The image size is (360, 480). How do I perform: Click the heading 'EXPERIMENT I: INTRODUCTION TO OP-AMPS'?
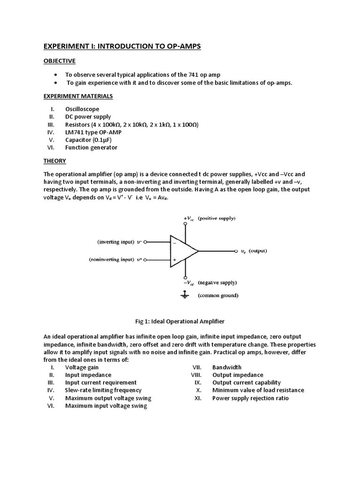(122, 46)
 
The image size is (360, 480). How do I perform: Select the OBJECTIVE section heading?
(60, 61)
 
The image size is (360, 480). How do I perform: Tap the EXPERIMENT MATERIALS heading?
(78, 96)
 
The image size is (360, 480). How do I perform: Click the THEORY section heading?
(55, 161)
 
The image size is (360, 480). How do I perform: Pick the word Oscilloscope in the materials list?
(82, 109)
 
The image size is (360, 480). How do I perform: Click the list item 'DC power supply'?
(88, 117)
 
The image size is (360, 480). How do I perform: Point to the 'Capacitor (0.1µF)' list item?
(89, 140)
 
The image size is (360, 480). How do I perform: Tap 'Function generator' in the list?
(91, 147)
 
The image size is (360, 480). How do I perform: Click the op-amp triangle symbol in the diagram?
(183, 251)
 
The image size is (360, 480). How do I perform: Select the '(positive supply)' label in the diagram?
(217, 218)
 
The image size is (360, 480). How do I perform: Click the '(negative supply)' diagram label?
(217, 283)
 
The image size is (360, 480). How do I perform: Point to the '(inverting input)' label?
(115, 242)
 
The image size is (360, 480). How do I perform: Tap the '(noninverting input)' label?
(111, 259)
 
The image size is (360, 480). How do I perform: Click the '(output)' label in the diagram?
(257, 251)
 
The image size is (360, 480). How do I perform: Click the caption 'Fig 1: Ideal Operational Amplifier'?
(180, 321)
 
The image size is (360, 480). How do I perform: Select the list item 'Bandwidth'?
(227, 367)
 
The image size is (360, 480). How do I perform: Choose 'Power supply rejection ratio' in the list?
(250, 398)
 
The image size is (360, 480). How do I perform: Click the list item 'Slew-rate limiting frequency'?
(103, 390)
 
